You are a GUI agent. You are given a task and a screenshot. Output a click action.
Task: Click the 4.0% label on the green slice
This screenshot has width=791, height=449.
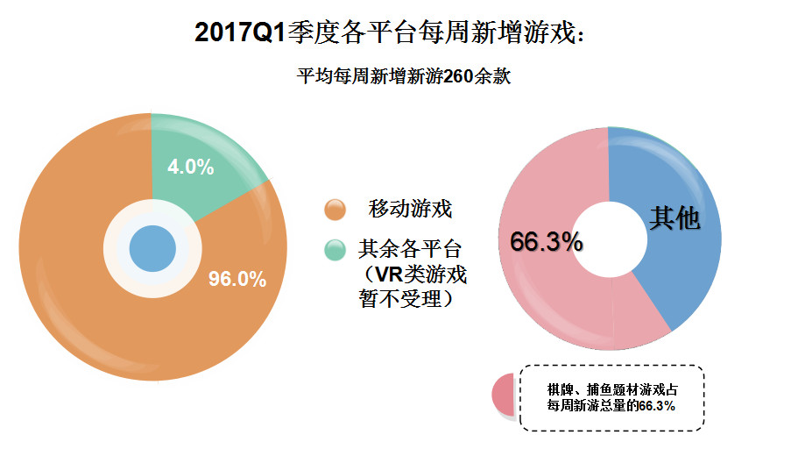pos(191,167)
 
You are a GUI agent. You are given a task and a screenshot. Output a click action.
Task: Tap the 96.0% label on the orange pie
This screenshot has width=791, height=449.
pos(237,279)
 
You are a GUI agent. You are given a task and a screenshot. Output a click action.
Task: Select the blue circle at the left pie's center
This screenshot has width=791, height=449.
pos(152,249)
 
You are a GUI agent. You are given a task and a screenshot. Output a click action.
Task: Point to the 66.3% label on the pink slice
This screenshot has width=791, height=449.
pos(547,242)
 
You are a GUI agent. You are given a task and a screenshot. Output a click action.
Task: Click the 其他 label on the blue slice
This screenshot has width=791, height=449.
pos(674,219)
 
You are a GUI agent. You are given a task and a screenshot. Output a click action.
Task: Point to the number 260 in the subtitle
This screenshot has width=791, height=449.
pos(460,76)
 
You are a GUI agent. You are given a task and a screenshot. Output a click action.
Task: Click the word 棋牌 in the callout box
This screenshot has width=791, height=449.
pos(559,388)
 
